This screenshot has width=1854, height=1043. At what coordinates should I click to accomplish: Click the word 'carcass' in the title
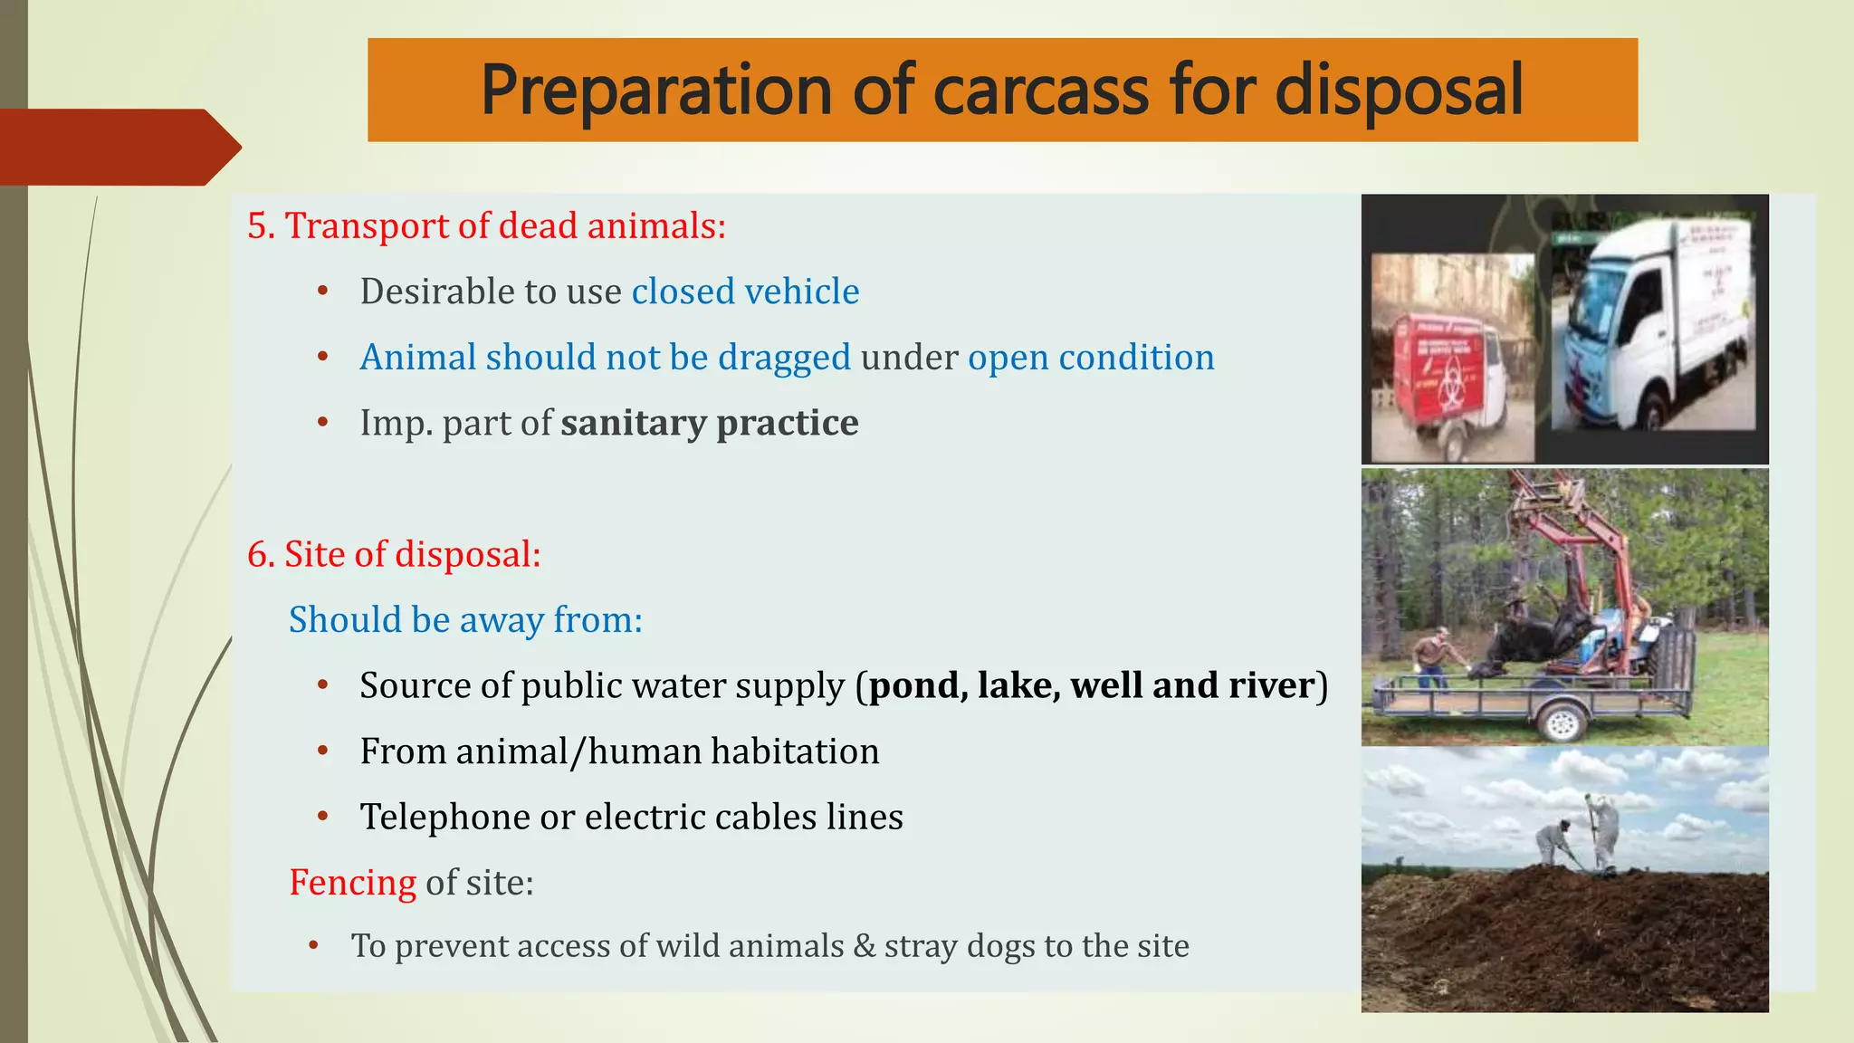(x=1040, y=91)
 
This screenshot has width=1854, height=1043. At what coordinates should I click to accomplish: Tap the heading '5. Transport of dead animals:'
(x=486, y=225)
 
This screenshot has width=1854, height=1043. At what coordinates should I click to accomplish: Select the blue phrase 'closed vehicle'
(x=745, y=292)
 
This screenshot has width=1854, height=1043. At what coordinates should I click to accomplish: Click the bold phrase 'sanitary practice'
(x=709, y=423)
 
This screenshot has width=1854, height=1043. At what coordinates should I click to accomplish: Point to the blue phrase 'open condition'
(x=1091, y=358)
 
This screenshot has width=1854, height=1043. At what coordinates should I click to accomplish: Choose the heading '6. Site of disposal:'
(x=394, y=554)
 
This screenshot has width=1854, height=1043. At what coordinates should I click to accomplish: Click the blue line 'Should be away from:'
(x=465, y=620)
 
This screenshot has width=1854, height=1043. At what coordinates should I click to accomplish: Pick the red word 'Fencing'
(x=352, y=882)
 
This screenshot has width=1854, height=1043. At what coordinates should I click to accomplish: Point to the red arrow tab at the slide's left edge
(x=118, y=147)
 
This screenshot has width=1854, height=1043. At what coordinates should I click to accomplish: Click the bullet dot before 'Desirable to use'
(x=323, y=292)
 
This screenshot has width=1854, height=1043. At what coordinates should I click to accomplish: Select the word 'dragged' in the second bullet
(x=784, y=358)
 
